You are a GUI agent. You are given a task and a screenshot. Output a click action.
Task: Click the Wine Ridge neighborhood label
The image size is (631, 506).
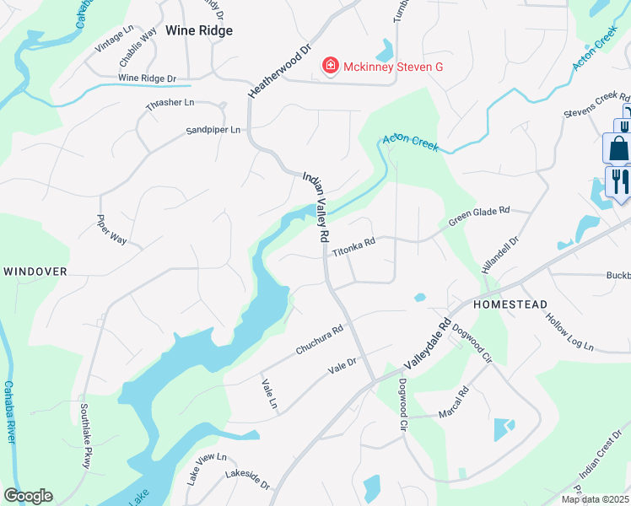199,30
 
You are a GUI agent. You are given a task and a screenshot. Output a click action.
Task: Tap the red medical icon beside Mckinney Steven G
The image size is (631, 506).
331,66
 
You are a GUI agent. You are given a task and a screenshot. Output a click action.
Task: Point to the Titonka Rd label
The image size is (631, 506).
353,246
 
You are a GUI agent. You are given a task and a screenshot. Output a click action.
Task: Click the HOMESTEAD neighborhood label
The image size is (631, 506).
510,304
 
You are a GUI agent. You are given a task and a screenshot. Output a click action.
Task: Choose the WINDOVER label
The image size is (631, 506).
35,272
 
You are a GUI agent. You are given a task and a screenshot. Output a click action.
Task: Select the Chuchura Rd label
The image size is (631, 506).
319,339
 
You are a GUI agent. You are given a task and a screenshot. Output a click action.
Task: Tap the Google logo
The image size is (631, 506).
28,496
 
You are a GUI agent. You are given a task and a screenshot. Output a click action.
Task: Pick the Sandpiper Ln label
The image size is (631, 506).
213,130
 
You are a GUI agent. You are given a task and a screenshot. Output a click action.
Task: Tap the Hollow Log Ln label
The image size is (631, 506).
569,334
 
